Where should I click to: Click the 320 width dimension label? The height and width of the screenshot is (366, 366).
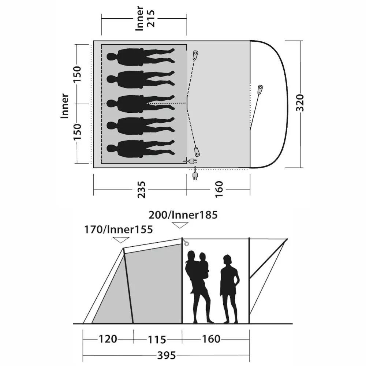(x=300, y=103)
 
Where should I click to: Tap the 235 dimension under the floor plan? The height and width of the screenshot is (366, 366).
(x=141, y=190)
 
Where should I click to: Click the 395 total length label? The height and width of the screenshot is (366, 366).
(x=167, y=355)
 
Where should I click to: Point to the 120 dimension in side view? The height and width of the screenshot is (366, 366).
(x=108, y=339)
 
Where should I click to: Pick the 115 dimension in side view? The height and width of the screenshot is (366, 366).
(x=157, y=340)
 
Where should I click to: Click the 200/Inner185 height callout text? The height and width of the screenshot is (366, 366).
(x=183, y=215)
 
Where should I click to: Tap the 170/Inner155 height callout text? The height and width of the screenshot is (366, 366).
(x=119, y=229)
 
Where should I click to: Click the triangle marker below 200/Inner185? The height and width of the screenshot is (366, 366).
(x=180, y=225)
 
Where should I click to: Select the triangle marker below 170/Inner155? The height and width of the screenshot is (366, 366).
(x=121, y=240)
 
